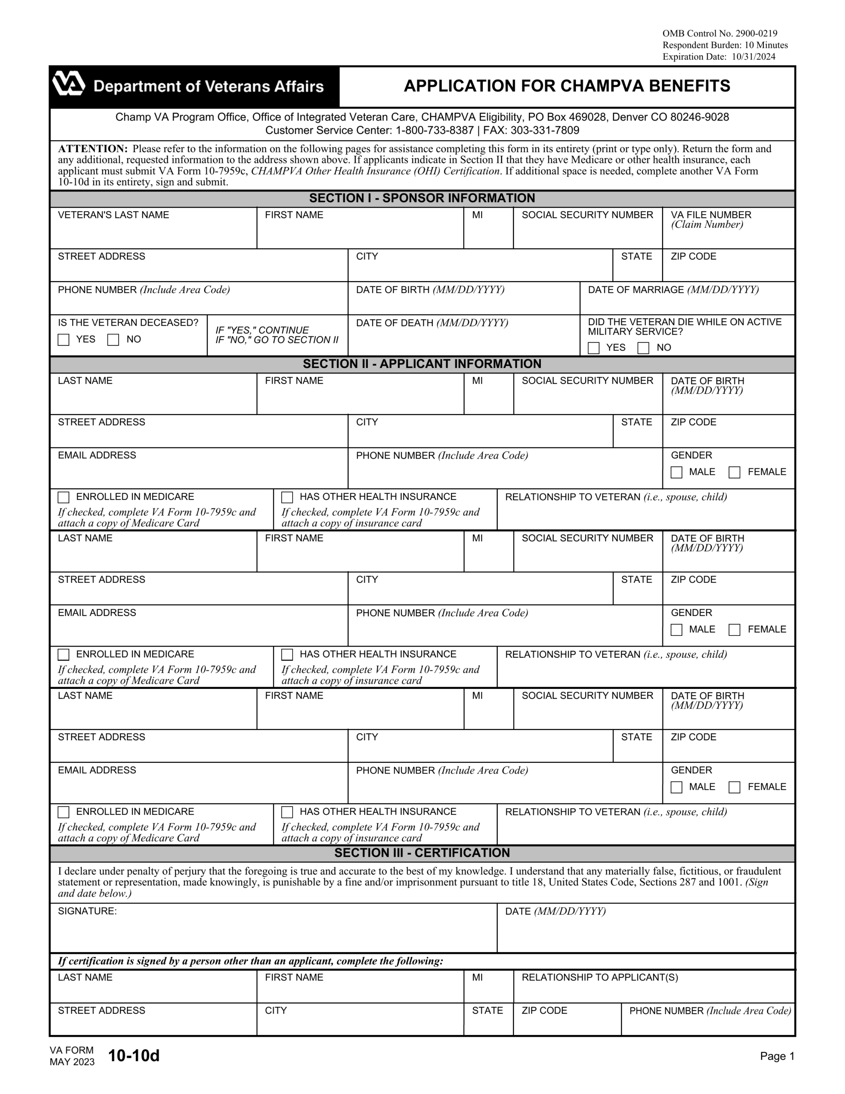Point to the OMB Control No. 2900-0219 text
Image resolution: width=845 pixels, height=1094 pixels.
[719, 34]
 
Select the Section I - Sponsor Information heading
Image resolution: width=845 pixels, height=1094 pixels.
[422, 198]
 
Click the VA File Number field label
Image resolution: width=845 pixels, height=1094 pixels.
[711, 215]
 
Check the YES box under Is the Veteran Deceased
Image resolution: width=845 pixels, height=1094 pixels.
[64, 340]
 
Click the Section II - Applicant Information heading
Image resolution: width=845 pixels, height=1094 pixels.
[422, 364]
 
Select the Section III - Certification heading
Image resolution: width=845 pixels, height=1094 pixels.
[422, 853]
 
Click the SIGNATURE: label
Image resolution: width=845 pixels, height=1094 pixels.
[87, 911]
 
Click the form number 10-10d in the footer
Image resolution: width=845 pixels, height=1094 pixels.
[134, 1056]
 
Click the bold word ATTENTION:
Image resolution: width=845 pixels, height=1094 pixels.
[93, 149]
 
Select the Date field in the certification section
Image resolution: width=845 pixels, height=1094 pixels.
[645, 933]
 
